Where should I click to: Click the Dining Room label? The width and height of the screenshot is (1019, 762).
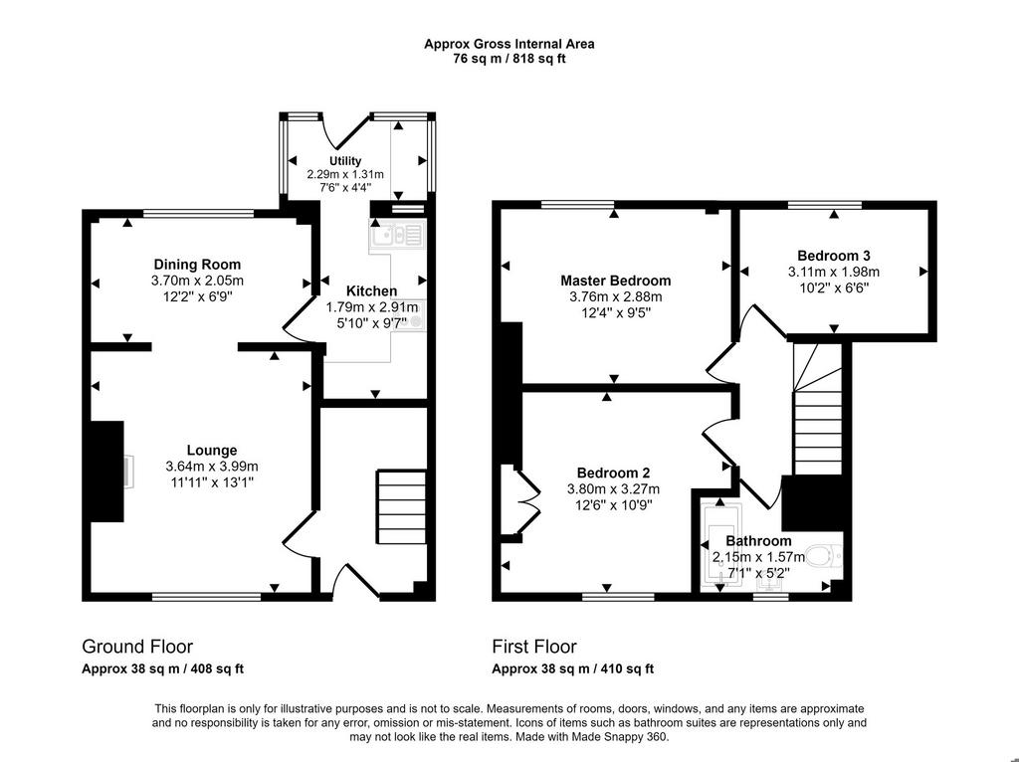[x=197, y=265]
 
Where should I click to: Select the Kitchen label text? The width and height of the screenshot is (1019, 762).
[x=371, y=291]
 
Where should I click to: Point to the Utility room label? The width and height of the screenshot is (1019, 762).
[x=345, y=160]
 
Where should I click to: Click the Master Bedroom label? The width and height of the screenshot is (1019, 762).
[x=615, y=281]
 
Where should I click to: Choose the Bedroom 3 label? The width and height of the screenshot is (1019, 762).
[x=834, y=256]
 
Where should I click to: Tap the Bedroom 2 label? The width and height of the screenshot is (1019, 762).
[x=613, y=473]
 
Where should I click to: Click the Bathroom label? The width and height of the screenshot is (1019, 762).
[x=758, y=540]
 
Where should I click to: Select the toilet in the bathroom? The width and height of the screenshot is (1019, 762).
[x=823, y=556]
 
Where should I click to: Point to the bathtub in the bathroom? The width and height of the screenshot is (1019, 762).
[x=722, y=545]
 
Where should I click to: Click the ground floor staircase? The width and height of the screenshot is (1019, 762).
[x=401, y=506]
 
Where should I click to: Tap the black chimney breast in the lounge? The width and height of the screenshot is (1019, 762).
[x=106, y=471]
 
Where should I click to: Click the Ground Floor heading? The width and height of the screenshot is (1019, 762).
[x=137, y=647]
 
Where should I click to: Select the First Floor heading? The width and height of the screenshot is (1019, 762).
[x=534, y=647]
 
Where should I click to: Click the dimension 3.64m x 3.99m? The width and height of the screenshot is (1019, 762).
[x=212, y=467]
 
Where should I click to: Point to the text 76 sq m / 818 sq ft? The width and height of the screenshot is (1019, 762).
[x=509, y=59]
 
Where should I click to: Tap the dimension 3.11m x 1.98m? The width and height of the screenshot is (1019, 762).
[x=834, y=273]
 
